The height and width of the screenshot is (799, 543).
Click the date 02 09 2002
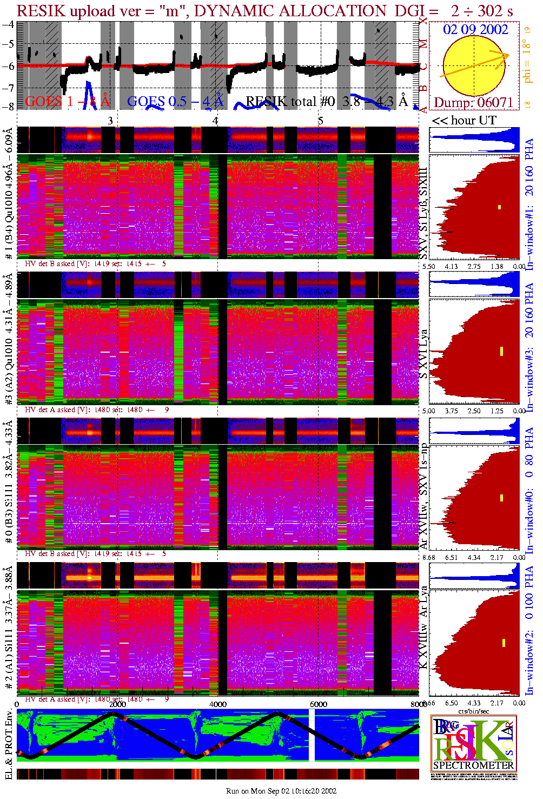click(x=475, y=30)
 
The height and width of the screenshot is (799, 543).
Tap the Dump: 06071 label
click(x=473, y=103)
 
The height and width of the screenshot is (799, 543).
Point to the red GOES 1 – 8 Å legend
click(x=67, y=101)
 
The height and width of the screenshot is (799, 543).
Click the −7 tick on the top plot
click(x=8, y=88)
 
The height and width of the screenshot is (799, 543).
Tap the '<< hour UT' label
click(x=463, y=121)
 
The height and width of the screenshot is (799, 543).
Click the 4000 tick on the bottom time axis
click(x=218, y=704)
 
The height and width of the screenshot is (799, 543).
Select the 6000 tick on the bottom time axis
click(x=318, y=704)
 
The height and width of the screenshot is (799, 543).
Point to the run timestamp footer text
click(x=281, y=791)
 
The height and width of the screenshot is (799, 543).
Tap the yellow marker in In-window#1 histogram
click(x=500, y=207)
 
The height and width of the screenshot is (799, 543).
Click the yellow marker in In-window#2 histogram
click(x=504, y=643)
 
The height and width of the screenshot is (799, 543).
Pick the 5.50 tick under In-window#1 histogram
click(x=428, y=266)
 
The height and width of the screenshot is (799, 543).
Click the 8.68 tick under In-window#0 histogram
click(x=428, y=557)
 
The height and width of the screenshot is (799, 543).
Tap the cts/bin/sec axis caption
click(x=474, y=711)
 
